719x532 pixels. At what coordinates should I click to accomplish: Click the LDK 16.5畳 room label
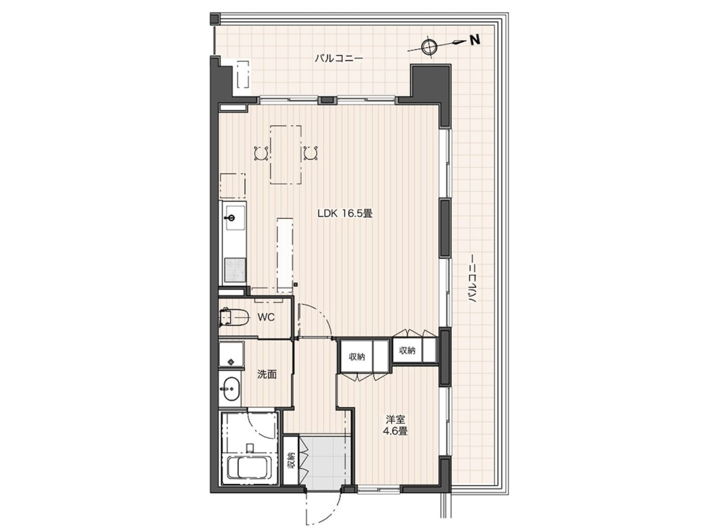tap(345, 213)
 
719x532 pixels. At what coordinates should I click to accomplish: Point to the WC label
tap(266, 317)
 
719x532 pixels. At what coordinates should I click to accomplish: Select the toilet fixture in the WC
tap(234, 317)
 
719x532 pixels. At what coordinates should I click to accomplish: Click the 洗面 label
tap(267, 374)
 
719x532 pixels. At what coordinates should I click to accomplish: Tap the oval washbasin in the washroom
tap(231, 389)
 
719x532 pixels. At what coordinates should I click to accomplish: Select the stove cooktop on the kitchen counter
tap(235, 269)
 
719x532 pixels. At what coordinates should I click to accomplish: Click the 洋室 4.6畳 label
tap(395, 425)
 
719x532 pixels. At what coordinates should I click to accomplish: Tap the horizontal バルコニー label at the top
tap(339, 59)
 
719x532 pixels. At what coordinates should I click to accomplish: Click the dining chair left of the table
tap(261, 153)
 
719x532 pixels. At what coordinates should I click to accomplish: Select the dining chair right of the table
tap(311, 153)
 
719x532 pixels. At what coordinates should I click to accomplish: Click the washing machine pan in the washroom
tap(231, 354)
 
